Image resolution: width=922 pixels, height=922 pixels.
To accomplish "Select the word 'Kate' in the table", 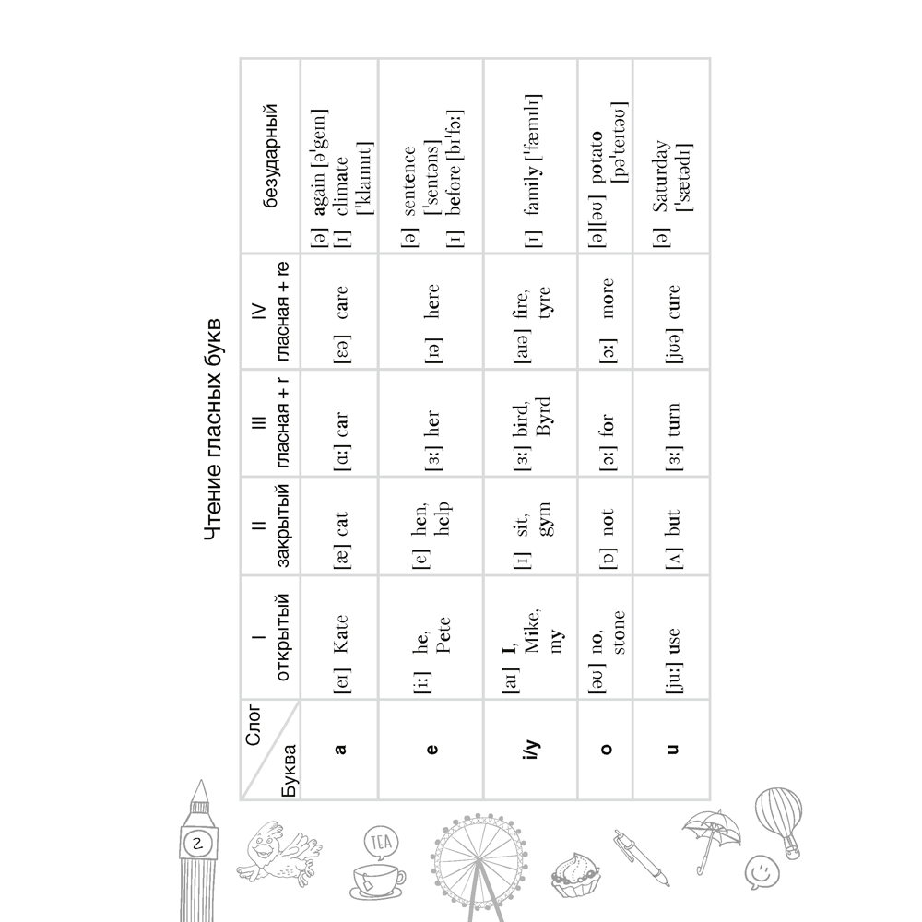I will pos(341,637).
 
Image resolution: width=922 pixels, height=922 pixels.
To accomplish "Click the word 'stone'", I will pos(618,632).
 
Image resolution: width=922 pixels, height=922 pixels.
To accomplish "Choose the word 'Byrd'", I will pos(543,420).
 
